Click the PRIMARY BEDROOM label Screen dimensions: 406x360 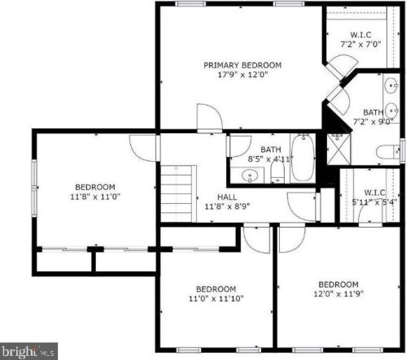coord(242,65)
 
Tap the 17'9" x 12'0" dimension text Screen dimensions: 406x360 coord(242,75)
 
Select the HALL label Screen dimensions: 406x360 coord(227,197)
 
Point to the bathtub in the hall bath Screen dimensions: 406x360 coord(303,158)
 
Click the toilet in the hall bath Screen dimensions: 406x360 coord(277,172)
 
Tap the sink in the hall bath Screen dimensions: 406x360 coord(250,176)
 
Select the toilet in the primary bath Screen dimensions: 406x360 coord(388,152)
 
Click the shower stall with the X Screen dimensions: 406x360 coord(338,149)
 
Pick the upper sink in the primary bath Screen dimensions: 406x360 coord(391,85)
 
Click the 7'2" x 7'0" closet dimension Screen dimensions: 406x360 coord(360,44)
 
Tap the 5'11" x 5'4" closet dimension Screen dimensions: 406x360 coord(374,202)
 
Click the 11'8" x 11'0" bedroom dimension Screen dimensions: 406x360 coord(95,197)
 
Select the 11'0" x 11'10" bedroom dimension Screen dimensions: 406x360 coord(216,298)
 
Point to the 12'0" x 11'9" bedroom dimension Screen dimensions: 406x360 coord(338,293)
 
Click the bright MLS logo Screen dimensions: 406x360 coord(28,351)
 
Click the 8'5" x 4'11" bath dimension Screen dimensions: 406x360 coord(270,158)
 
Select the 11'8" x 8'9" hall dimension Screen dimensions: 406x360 coord(227,206)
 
